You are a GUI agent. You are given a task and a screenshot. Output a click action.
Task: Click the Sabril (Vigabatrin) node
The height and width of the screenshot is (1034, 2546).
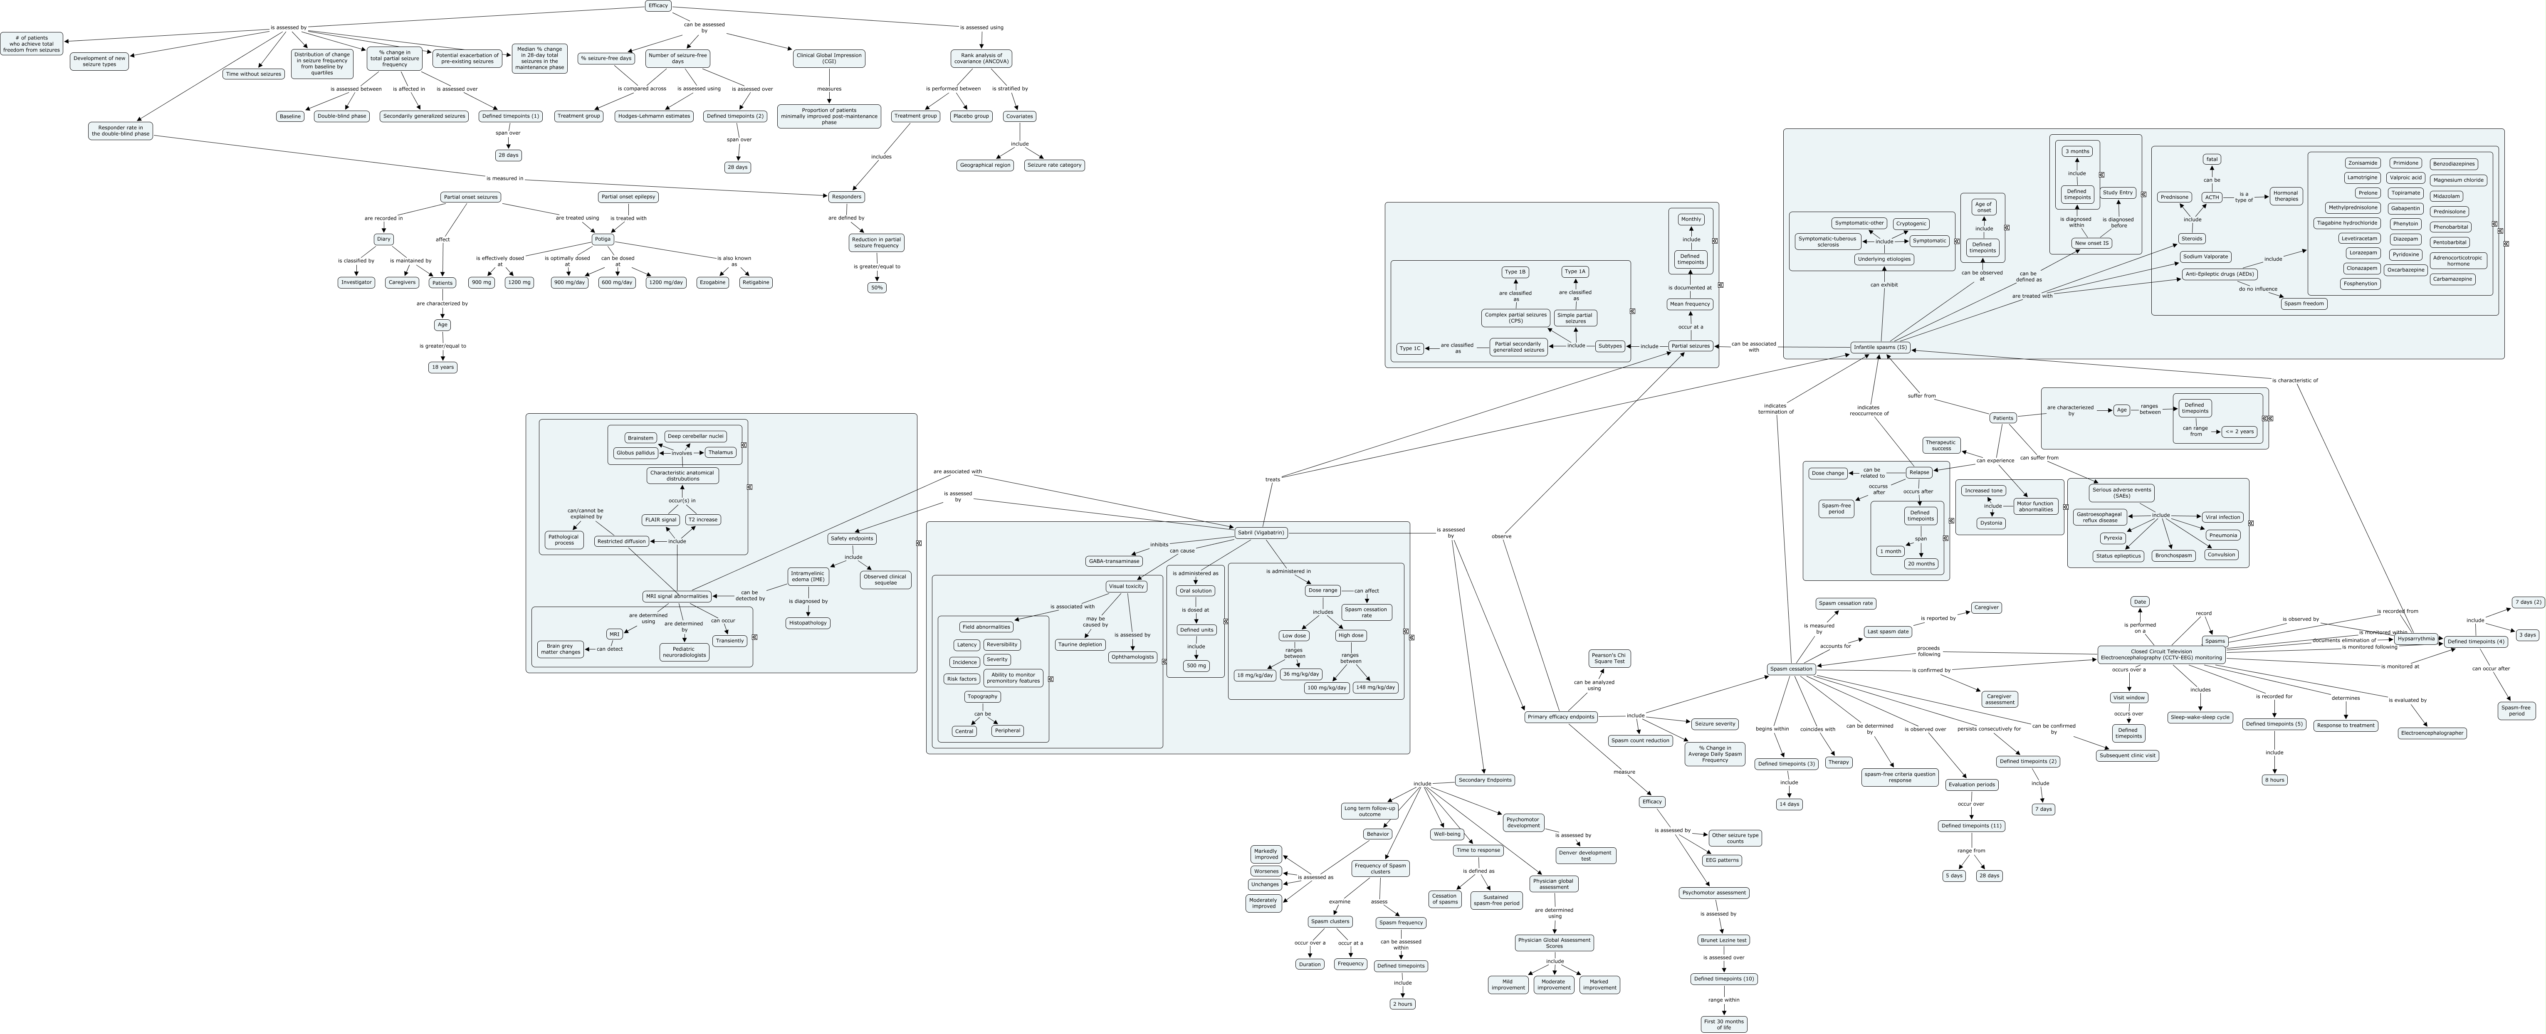pos(1260,533)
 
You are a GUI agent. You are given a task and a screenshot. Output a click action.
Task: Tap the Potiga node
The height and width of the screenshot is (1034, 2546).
pos(602,239)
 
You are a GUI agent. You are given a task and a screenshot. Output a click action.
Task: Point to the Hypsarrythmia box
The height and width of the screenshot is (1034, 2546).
pos(2415,639)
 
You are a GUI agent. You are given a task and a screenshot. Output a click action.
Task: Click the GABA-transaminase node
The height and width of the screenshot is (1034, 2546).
pos(1114,560)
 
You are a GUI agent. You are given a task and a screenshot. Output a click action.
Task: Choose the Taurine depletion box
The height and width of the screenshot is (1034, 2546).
pos(1080,644)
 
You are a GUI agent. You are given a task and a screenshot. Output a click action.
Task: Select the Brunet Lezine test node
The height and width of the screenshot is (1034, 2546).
pos(1724,940)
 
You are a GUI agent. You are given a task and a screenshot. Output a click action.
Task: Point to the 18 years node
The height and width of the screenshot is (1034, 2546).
pos(443,367)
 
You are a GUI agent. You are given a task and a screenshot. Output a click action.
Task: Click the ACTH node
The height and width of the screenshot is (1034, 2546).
pos(2212,197)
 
